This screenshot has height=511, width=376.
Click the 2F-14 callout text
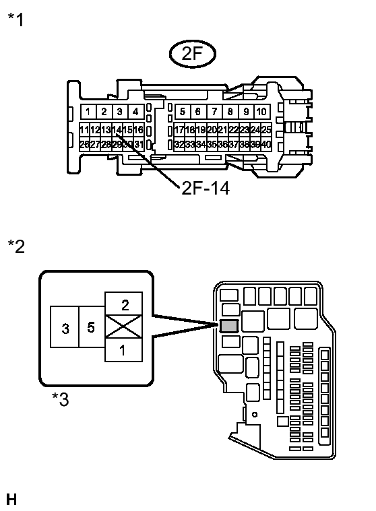click(206, 188)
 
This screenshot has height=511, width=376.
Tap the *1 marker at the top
click(15, 20)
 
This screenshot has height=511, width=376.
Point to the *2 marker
click(15, 246)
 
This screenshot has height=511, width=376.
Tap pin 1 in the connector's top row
click(88, 112)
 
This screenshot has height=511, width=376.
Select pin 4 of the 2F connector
click(135, 112)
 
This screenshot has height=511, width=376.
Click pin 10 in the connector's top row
click(262, 112)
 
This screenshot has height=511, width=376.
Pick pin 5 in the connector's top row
click(182, 112)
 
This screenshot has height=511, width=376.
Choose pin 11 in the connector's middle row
click(84, 129)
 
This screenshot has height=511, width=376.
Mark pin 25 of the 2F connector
click(266, 129)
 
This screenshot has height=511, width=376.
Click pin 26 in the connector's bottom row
click(84, 144)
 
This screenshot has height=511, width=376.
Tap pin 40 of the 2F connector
click(266, 144)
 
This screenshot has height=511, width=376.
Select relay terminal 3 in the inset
click(65, 328)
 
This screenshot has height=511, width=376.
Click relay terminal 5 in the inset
click(92, 328)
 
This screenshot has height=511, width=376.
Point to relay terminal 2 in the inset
click(124, 304)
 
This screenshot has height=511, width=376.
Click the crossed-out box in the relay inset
click(124, 328)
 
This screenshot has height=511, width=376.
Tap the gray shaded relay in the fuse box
click(229, 326)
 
